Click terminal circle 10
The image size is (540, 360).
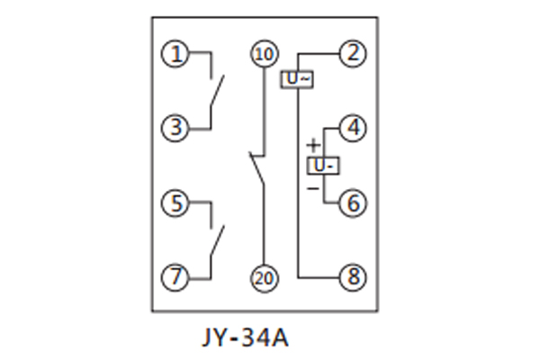[262, 54]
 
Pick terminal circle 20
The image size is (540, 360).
[262, 277]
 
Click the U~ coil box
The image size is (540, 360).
[298, 79]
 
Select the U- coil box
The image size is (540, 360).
[323, 166]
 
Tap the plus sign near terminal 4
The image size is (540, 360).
[312, 144]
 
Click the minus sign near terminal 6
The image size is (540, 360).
[312, 188]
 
